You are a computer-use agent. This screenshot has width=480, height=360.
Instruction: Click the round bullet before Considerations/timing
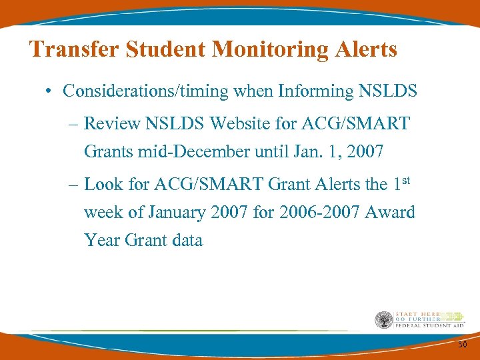[51, 91]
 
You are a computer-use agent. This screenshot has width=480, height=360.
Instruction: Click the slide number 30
[462, 344]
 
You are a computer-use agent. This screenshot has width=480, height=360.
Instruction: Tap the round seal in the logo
[384, 321]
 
